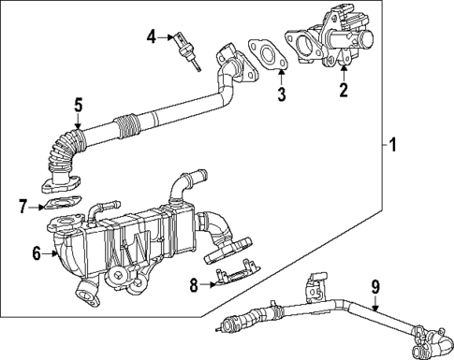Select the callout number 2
pos(344,91)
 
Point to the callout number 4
pos(152,36)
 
